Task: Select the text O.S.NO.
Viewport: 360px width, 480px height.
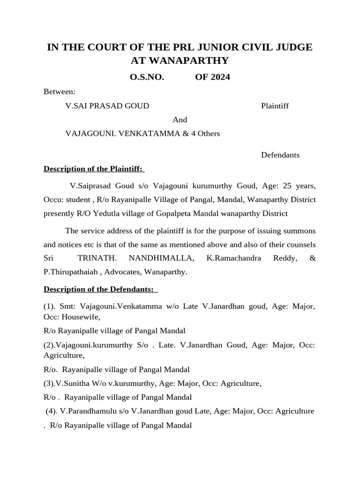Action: pyautogui.click(x=147, y=77)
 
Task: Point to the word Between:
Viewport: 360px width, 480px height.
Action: pyautogui.click(x=59, y=92)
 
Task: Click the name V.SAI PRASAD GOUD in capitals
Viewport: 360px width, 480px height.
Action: pyautogui.click(x=107, y=106)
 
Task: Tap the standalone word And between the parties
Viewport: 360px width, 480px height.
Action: pyautogui.click(x=180, y=120)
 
